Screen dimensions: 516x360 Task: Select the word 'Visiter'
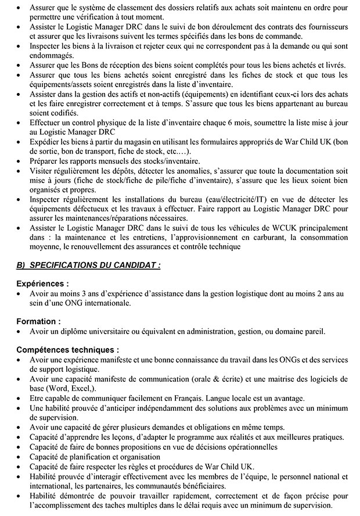[x=41, y=170]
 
